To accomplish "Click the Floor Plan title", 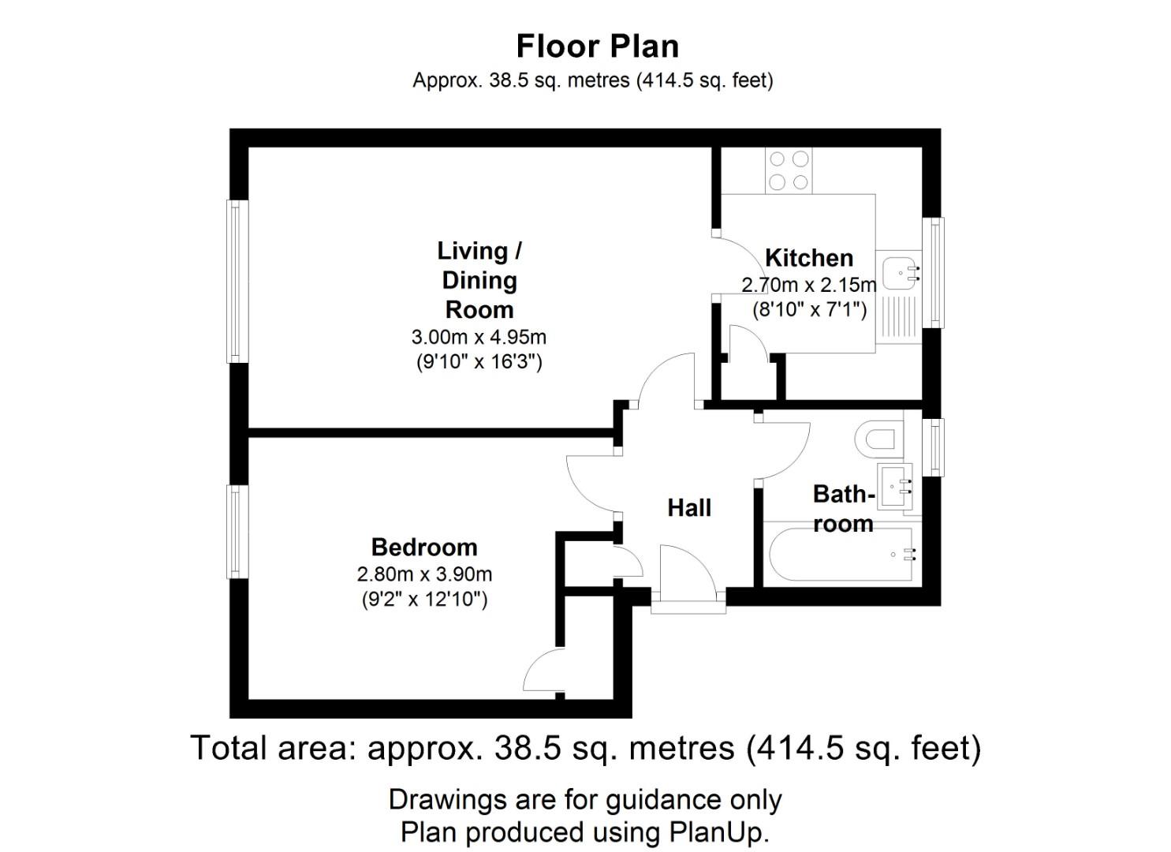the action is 597,47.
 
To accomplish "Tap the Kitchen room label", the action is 809,258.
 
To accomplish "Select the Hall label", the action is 689,508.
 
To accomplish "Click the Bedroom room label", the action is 424,547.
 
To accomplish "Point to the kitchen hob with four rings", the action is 789,170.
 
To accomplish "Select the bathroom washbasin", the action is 894,487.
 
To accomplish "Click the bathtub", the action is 841,555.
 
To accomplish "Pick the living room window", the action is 237,282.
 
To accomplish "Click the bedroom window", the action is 237,532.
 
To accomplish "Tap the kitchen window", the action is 933,272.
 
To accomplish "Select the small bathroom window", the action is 933,448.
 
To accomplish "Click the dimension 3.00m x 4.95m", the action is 479,338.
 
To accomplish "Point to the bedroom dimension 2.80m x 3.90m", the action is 424,574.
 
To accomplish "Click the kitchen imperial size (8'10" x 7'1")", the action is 809,310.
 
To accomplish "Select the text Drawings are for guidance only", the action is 585,800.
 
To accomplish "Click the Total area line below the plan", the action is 585,748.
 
